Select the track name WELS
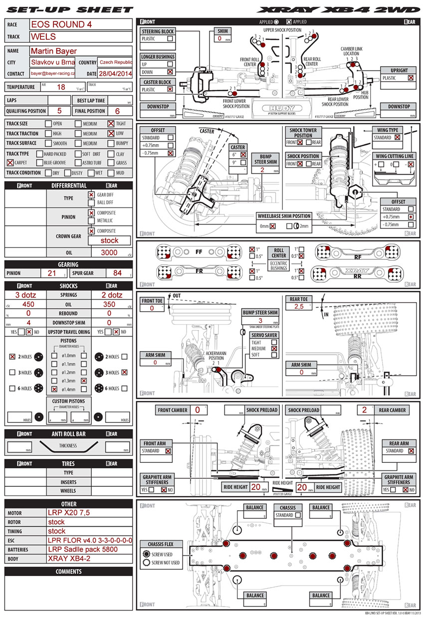point(43,37)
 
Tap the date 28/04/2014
point(115,73)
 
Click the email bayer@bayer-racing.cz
point(53,73)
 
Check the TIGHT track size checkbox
point(111,124)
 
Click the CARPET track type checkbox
point(10,163)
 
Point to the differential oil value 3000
point(109,252)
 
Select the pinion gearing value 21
point(52,273)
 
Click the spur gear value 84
point(118,273)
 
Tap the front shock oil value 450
point(28,304)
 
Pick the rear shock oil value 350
point(109,304)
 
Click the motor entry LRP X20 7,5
point(69,512)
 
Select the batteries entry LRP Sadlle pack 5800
point(82,549)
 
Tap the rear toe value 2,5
point(299,307)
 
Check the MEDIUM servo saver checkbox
point(273,349)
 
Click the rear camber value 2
point(364,410)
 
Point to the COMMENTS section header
point(68,571)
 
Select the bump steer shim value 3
point(260,320)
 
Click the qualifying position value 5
point(59,111)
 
